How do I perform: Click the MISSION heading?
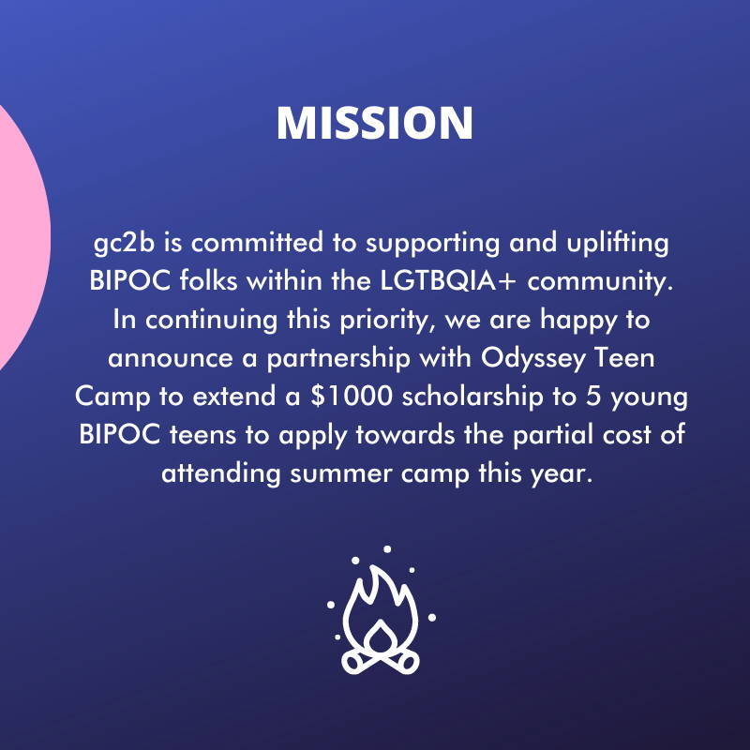[x=375, y=123]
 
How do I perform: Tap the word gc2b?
[x=125, y=244]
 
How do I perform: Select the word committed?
[x=257, y=242]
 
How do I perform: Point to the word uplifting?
[x=618, y=244]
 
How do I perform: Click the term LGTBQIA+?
[x=448, y=281]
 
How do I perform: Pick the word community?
[x=600, y=282]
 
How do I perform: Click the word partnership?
[x=338, y=359]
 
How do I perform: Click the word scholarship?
[x=472, y=397]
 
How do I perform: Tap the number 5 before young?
[x=593, y=397]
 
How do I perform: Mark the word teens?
[x=202, y=435]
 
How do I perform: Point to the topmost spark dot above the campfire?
[x=387, y=549]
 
